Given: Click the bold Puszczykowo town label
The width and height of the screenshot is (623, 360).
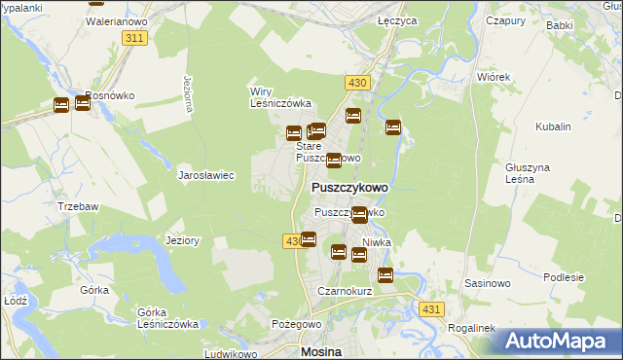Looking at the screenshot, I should pos(349,187).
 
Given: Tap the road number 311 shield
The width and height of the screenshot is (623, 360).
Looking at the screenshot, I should pos(135,37).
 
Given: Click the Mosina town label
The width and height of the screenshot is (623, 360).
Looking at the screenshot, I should pos(321,352).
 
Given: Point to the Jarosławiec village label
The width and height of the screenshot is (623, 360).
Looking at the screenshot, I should pos(206,176).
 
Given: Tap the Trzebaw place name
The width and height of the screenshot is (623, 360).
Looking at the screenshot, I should pos(76,206).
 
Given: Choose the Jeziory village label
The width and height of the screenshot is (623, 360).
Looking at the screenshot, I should pos(183,240).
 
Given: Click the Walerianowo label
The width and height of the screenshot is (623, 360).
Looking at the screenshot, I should pos(115,19).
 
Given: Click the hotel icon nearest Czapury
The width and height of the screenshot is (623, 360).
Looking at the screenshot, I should pos(393,127).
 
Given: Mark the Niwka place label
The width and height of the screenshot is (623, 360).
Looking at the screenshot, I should pos(377,242).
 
